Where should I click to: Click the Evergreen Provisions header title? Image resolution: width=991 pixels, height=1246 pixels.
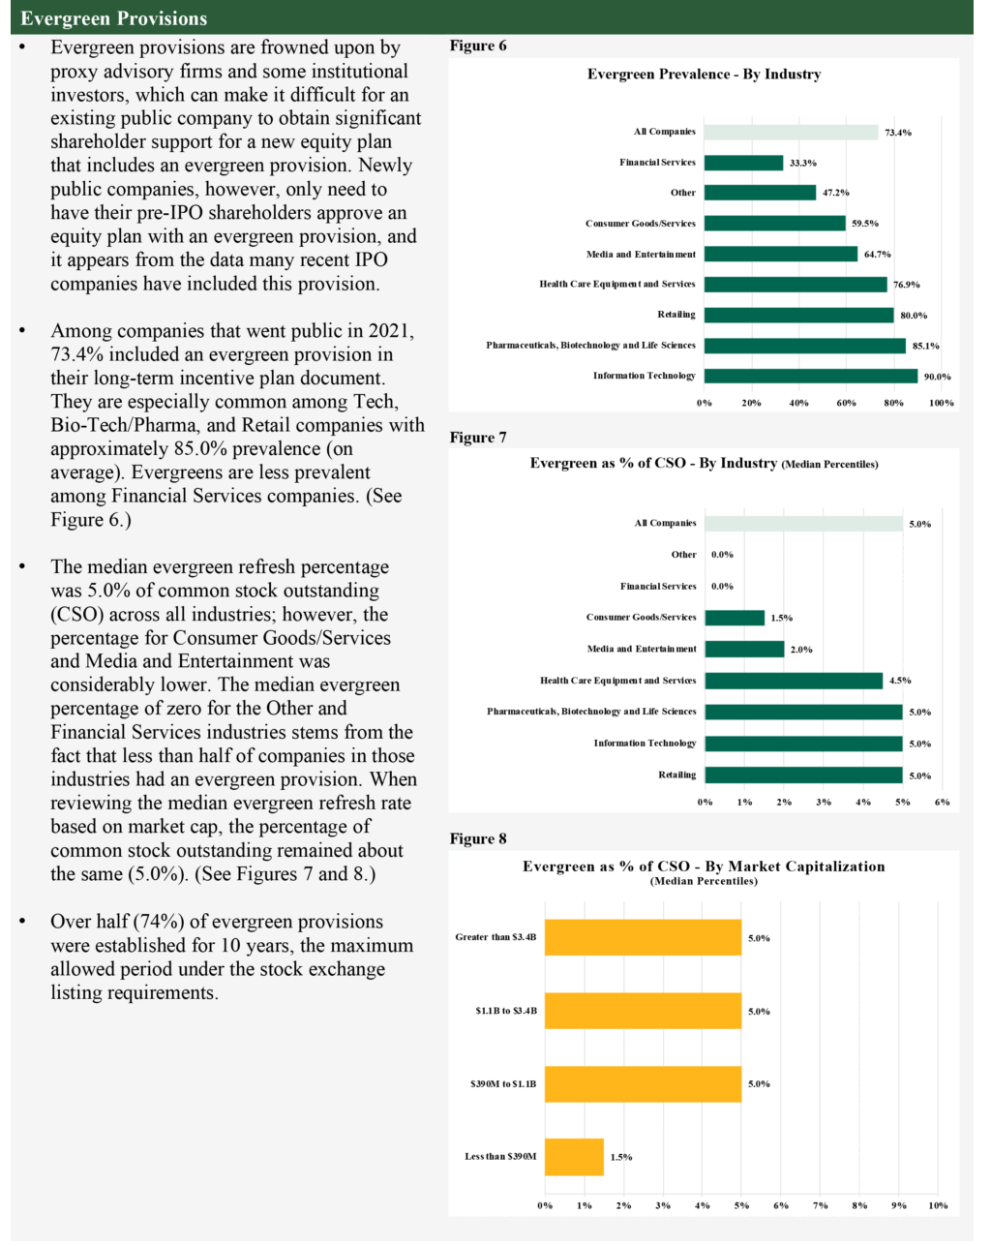(x=113, y=18)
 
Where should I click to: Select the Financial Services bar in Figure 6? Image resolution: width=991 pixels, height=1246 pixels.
(x=743, y=163)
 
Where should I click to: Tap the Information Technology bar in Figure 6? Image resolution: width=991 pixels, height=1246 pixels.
(x=810, y=376)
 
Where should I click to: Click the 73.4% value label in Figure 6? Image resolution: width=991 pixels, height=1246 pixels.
(x=898, y=133)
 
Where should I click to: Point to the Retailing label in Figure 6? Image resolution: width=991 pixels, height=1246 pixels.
(x=676, y=315)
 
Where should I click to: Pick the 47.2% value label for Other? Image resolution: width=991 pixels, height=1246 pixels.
(x=835, y=193)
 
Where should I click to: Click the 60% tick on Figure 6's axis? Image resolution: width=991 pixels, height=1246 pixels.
(x=846, y=403)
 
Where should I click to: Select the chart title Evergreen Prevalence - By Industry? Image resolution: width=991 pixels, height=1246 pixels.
(x=704, y=75)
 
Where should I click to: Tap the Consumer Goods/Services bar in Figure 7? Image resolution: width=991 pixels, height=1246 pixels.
(x=734, y=618)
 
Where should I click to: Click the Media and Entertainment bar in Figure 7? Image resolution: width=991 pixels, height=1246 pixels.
(x=744, y=649)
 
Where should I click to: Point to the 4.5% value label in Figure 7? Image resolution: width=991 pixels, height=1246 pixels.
(x=899, y=681)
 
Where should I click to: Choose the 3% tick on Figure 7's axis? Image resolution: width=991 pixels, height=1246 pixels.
(x=824, y=802)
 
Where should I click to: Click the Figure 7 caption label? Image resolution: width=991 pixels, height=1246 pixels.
(x=478, y=438)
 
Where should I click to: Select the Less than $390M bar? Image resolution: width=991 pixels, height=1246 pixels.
(x=574, y=1157)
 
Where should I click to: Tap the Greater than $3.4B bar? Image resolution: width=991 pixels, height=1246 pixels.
(x=643, y=937)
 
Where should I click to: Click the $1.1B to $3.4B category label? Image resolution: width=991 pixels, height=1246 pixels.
(x=506, y=1011)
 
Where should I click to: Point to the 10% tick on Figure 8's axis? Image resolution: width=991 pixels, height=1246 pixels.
(x=938, y=1205)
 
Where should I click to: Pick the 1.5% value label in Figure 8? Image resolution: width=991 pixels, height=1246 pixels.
(x=621, y=1157)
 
